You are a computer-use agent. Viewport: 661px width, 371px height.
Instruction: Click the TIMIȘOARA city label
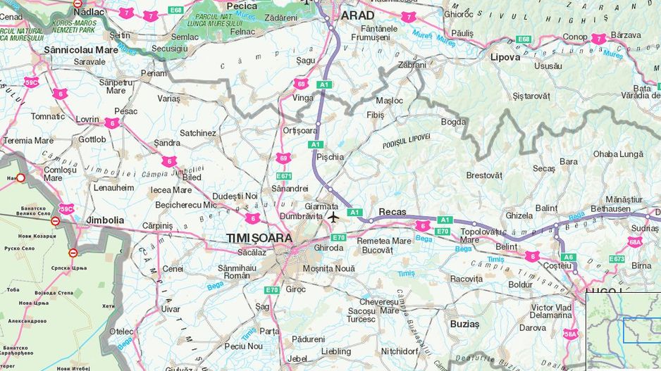click(x=259, y=238)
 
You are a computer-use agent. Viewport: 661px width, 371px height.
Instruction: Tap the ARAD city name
click(x=357, y=15)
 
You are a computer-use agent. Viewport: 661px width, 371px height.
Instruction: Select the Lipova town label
click(x=505, y=57)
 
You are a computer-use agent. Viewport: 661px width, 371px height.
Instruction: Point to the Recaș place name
click(x=393, y=211)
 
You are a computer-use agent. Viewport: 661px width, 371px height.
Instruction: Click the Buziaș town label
click(x=464, y=324)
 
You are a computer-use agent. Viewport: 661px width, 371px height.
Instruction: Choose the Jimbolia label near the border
click(x=105, y=220)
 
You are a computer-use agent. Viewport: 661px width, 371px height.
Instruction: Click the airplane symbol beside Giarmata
click(x=333, y=217)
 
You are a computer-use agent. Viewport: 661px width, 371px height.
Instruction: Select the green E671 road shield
click(x=283, y=176)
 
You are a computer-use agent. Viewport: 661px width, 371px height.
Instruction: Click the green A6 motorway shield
click(x=569, y=257)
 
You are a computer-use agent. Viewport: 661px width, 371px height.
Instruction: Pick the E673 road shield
click(x=617, y=259)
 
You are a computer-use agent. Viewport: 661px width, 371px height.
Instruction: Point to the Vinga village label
click(x=303, y=98)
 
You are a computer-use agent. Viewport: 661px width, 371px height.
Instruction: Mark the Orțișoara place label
click(x=300, y=131)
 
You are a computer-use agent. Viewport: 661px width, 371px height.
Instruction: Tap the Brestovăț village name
click(x=484, y=175)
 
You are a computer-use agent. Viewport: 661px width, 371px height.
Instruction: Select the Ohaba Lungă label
click(x=618, y=153)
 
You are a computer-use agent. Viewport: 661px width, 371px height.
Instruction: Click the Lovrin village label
click(x=87, y=120)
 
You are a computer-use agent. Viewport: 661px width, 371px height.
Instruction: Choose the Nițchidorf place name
click(x=400, y=351)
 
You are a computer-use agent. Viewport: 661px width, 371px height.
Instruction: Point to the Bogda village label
click(x=453, y=122)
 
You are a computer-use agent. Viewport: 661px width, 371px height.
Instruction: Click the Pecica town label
click(x=242, y=6)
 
